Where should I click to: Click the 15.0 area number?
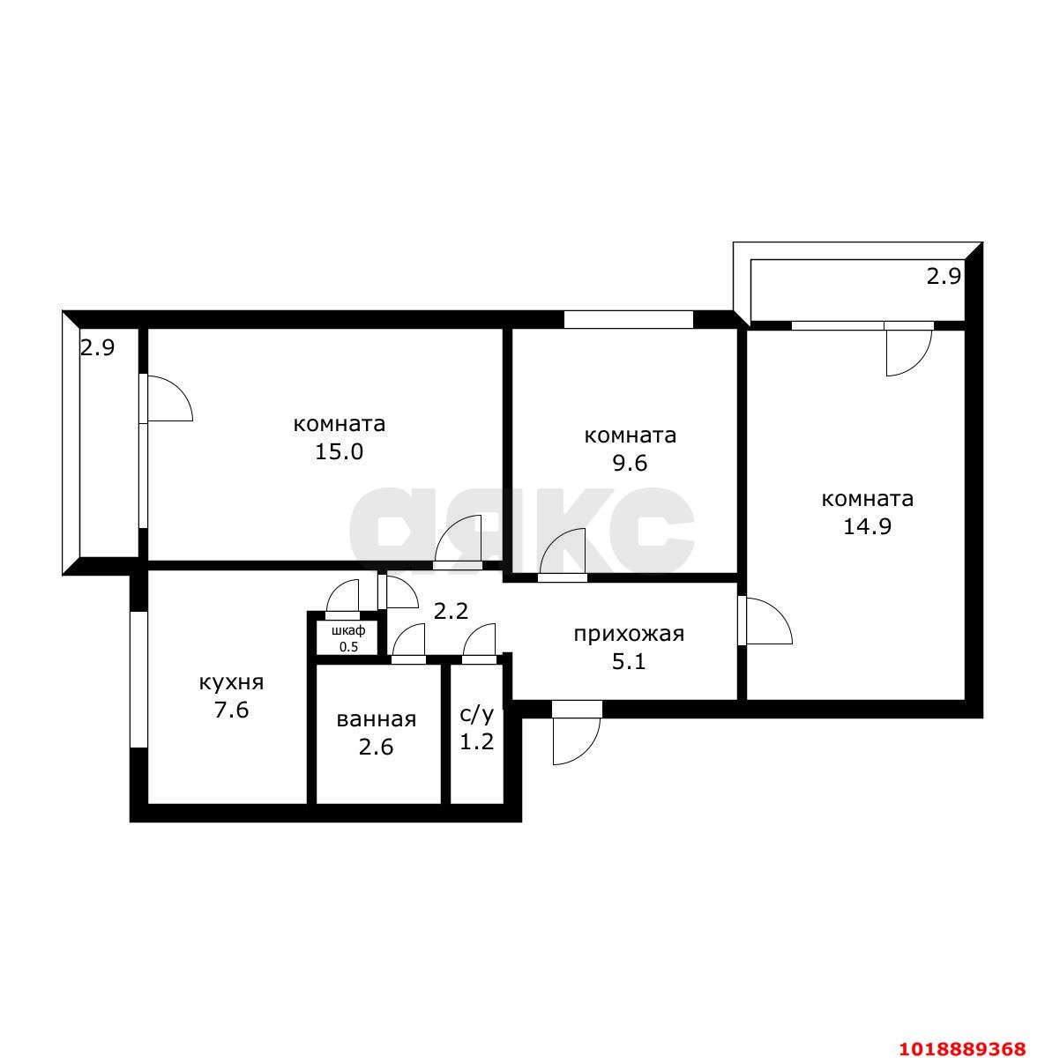point(339,452)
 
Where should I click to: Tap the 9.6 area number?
point(630,464)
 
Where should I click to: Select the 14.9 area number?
point(867,527)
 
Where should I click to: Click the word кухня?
point(232,683)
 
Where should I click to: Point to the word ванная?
point(376,719)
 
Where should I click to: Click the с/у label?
point(476,714)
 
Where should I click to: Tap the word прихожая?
point(629,634)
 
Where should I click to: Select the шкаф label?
point(348,630)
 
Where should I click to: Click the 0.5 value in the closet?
point(348,647)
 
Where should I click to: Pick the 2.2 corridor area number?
point(451,611)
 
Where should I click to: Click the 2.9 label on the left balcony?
point(97,348)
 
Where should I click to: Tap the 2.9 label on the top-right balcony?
point(944,276)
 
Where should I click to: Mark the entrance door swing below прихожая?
point(589,746)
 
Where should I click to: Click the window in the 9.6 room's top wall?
point(628,320)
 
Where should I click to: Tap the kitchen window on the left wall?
point(138,679)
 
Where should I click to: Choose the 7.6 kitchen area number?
point(232,711)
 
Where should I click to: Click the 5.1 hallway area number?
point(629,661)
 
